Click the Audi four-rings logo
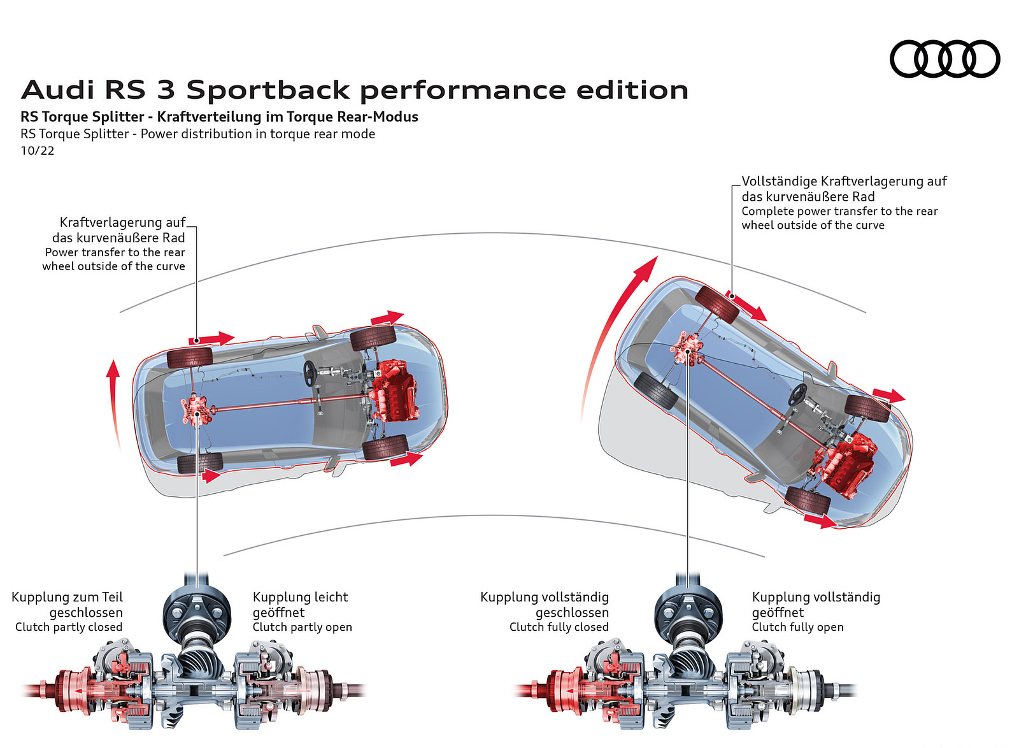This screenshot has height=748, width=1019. [x=944, y=59]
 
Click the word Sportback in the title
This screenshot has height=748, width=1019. [x=268, y=90]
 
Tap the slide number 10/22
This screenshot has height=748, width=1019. [x=38, y=151]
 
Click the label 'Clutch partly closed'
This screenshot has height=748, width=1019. [x=69, y=627]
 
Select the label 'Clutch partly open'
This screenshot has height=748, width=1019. [x=302, y=627]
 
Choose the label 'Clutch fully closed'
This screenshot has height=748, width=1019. [x=559, y=627]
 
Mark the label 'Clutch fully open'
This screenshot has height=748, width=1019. [x=797, y=627]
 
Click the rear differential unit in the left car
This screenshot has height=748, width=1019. [x=195, y=409]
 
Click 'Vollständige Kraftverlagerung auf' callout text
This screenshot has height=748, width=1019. [x=844, y=182]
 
